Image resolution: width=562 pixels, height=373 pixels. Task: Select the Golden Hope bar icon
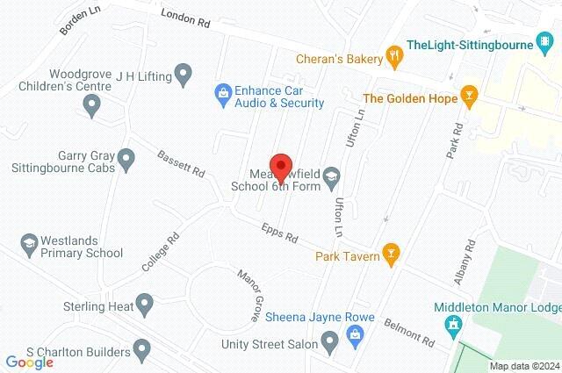pyautogui.click(x=470, y=98)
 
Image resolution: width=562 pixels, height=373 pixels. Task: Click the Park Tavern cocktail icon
pyautogui.click(x=392, y=255)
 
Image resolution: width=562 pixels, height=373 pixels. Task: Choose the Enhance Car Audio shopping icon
pyautogui.click(x=222, y=91)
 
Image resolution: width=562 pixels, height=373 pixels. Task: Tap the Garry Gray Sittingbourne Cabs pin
pyautogui.click(x=126, y=160)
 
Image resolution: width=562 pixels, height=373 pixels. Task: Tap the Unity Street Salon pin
pyautogui.click(x=330, y=340)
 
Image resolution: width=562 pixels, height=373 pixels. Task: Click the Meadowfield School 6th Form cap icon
pyautogui.click(x=331, y=177)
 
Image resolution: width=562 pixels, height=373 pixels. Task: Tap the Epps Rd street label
pyautogui.click(x=280, y=233)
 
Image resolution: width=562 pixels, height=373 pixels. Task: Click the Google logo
pyautogui.click(x=29, y=362)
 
